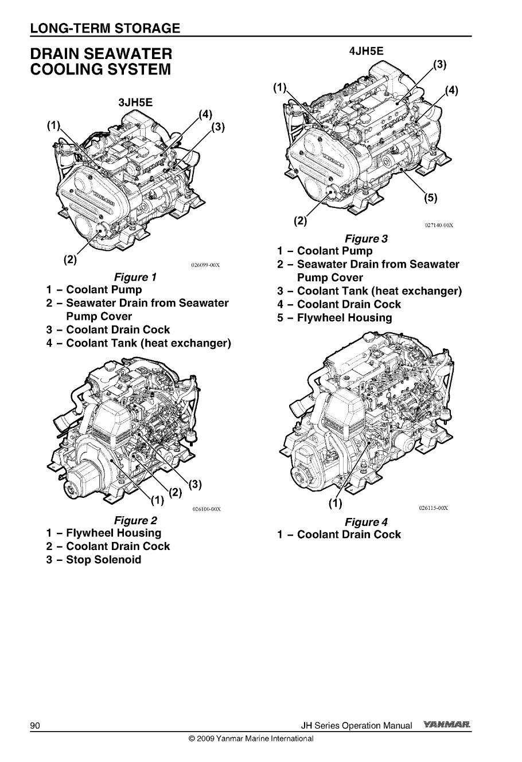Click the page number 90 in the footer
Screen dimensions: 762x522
(x=34, y=726)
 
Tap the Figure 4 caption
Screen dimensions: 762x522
(x=366, y=522)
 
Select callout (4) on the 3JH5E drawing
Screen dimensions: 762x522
(x=205, y=113)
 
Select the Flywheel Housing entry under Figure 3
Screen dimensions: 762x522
(x=344, y=318)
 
